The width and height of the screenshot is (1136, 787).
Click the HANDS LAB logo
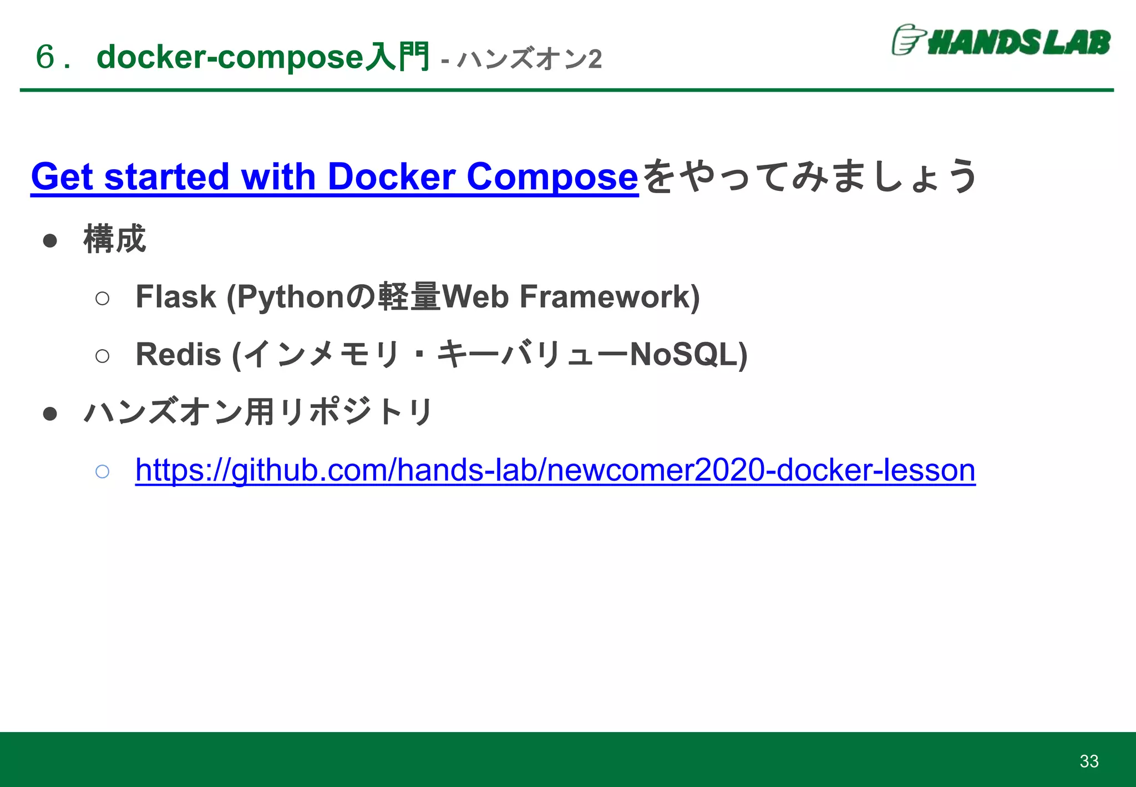pos(1001,41)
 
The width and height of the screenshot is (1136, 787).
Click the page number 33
pos(1089,761)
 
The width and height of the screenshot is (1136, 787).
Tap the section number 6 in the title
pos(45,57)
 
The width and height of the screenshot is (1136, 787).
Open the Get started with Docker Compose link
pos(334,176)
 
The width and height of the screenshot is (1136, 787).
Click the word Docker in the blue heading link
pos(392,176)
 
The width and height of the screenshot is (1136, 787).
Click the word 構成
pos(115,239)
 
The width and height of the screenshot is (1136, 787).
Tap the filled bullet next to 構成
pos(50,240)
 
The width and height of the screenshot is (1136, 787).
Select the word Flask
pos(175,296)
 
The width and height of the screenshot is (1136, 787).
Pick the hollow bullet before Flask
pos(102,299)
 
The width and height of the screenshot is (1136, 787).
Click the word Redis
pos(178,354)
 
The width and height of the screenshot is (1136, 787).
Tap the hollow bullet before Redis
pos(102,356)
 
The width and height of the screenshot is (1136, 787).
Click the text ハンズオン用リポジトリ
pos(258,412)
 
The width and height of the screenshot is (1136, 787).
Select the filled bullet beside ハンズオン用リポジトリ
pos(50,413)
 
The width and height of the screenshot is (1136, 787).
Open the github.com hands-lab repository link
pos(555,470)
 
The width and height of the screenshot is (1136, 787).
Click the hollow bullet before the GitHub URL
pos(102,472)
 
